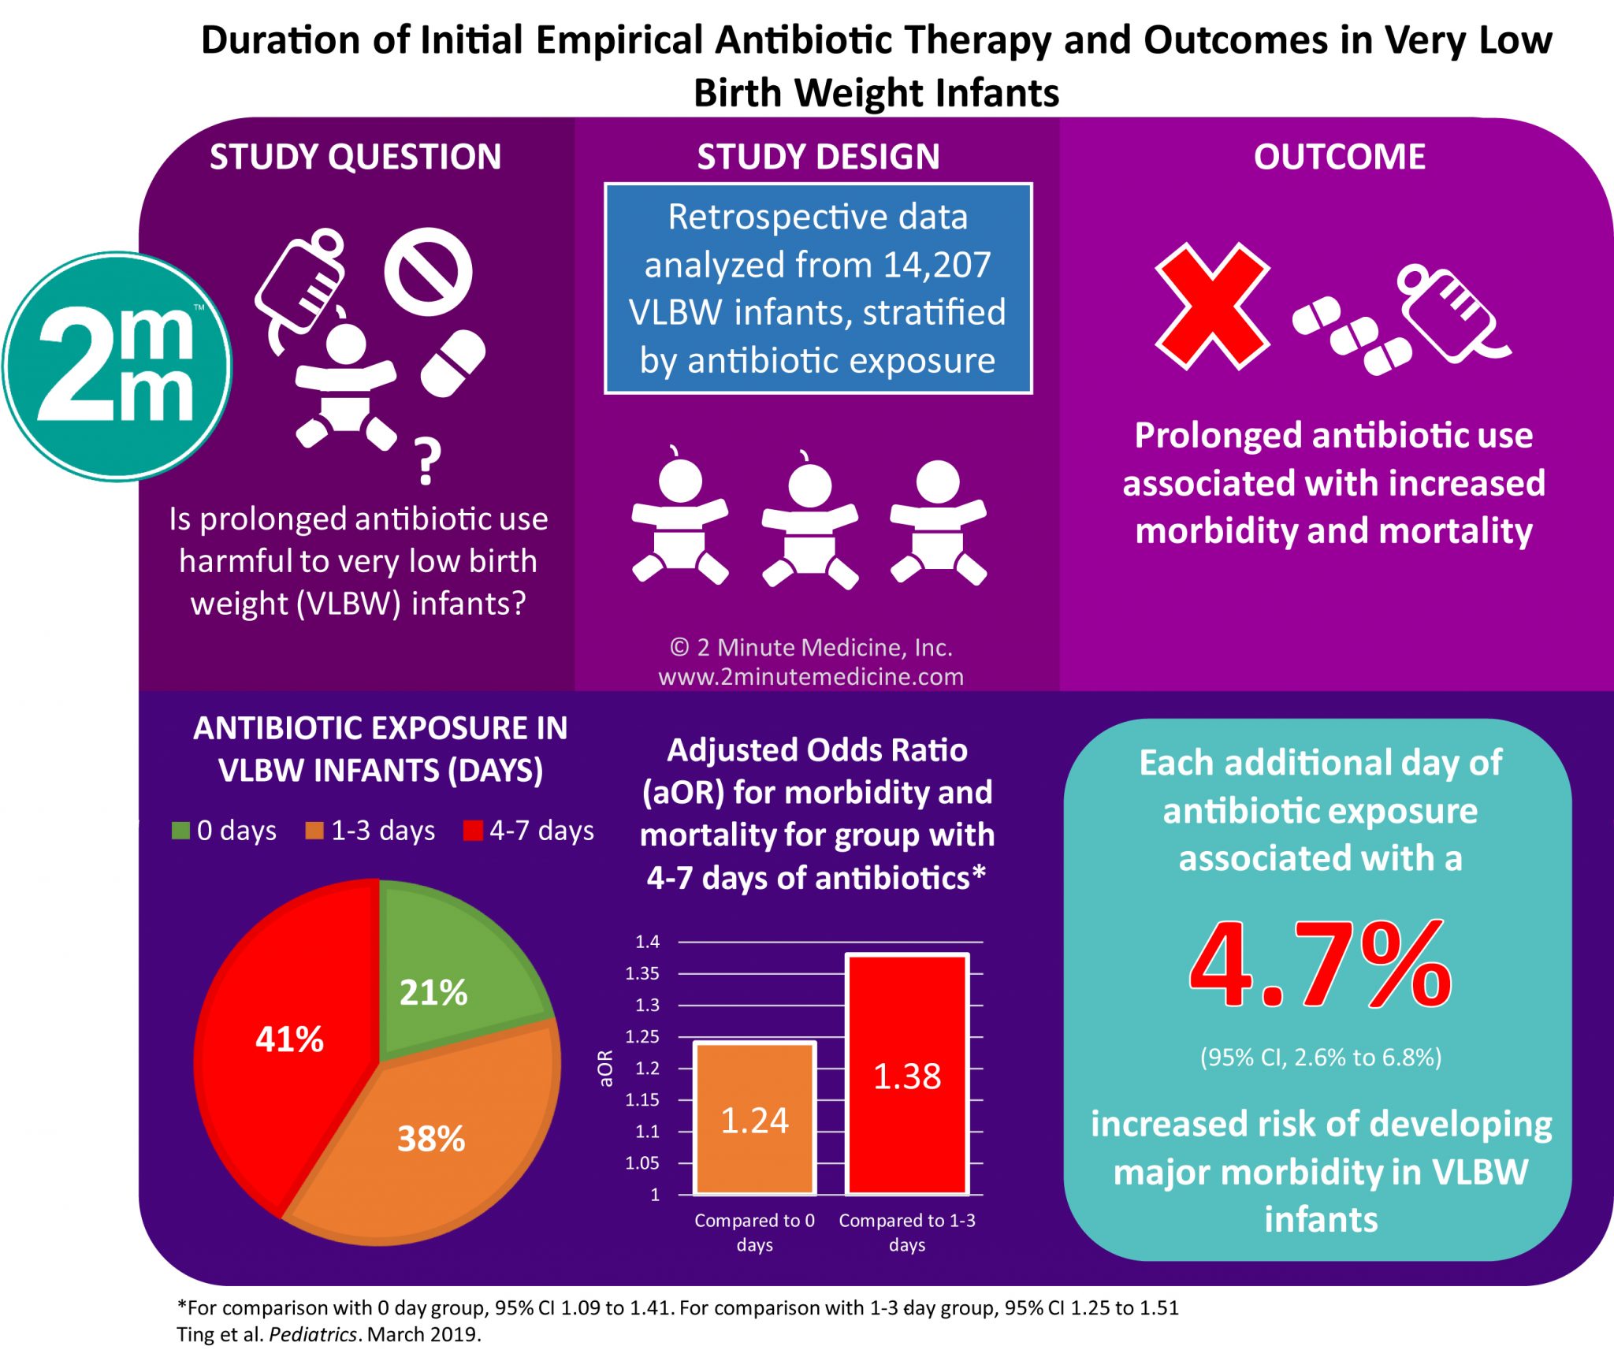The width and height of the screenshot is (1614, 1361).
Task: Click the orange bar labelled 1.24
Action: pyautogui.click(x=754, y=1119)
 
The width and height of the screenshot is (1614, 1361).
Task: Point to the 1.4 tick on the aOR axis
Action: pyautogui.click(x=648, y=942)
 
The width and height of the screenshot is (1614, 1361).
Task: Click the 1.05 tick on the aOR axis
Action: pyautogui.click(x=642, y=1163)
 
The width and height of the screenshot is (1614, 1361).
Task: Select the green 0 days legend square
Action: pyautogui.click(x=180, y=831)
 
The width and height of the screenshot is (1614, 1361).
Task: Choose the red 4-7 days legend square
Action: pyautogui.click(x=473, y=831)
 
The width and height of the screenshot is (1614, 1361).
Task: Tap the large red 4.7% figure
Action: pyautogui.click(x=1320, y=965)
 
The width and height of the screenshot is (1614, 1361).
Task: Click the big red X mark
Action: pyautogui.click(x=1211, y=306)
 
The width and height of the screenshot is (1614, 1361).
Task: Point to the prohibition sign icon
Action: pyautogui.click(x=428, y=272)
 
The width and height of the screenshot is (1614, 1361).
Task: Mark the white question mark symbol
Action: pyautogui.click(x=426, y=462)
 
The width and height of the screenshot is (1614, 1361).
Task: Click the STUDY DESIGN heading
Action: pyautogui.click(x=818, y=157)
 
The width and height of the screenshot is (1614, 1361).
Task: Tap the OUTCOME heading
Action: pyautogui.click(x=1339, y=157)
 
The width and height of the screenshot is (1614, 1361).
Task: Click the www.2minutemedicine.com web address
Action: pyautogui.click(x=811, y=676)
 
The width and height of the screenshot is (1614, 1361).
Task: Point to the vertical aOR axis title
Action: pyautogui.click(x=605, y=1068)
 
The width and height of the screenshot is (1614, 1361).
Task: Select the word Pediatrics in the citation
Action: pyautogui.click(x=314, y=1334)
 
